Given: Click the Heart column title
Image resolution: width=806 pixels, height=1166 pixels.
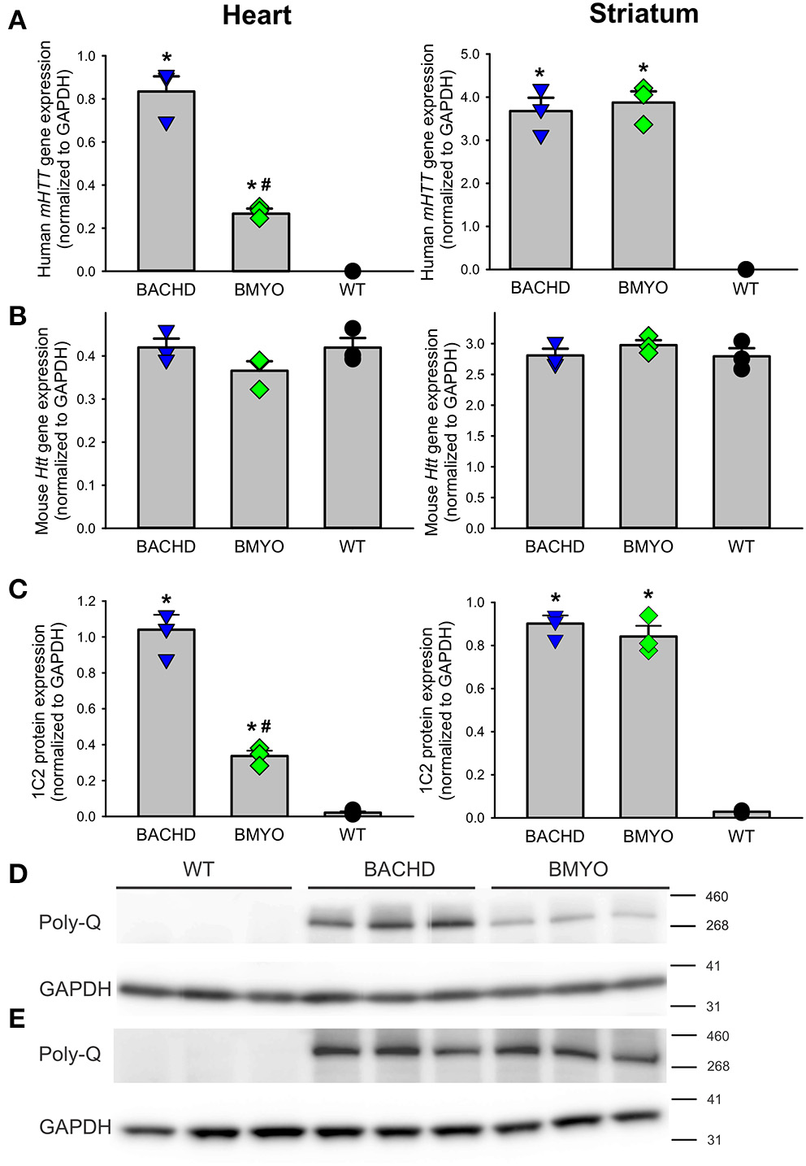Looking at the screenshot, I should pyautogui.click(x=257, y=15).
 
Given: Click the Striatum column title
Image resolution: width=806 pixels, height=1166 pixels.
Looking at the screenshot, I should pyautogui.click(x=643, y=14).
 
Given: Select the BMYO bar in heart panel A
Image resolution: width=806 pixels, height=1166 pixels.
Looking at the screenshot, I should pyautogui.click(x=260, y=244).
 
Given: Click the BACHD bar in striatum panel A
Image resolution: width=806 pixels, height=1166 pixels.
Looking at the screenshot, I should pyautogui.click(x=540, y=191).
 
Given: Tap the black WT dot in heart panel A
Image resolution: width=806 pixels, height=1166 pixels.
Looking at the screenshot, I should pyautogui.click(x=352, y=270).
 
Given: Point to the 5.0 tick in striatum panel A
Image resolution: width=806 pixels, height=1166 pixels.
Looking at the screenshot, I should pyautogui.click(x=470, y=54).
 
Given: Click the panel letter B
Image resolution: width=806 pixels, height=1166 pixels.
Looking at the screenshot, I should pyautogui.click(x=17, y=316).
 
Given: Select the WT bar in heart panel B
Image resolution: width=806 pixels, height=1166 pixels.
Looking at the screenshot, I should pyautogui.click(x=352, y=439).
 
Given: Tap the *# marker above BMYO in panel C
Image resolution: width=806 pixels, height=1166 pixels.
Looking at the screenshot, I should pyautogui.click(x=259, y=727).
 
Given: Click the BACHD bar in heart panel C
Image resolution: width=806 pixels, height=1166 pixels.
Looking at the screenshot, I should pyautogui.click(x=166, y=724).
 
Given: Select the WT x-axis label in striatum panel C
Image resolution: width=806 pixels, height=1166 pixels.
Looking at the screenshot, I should pyautogui.click(x=740, y=836).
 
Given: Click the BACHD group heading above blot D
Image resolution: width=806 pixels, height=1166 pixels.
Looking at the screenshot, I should pyautogui.click(x=399, y=869).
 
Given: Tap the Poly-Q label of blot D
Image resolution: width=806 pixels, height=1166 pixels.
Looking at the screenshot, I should pyautogui.click(x=70, y=922).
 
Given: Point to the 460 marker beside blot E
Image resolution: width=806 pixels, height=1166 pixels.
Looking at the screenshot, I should pyautogui.click(x=717, y=1036).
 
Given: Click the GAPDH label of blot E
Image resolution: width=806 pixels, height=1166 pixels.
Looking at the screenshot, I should pyautogui.click(x=75, y=1127).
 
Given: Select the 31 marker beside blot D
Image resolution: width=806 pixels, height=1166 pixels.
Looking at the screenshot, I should pyautogui.click(x=713, y=1007).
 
